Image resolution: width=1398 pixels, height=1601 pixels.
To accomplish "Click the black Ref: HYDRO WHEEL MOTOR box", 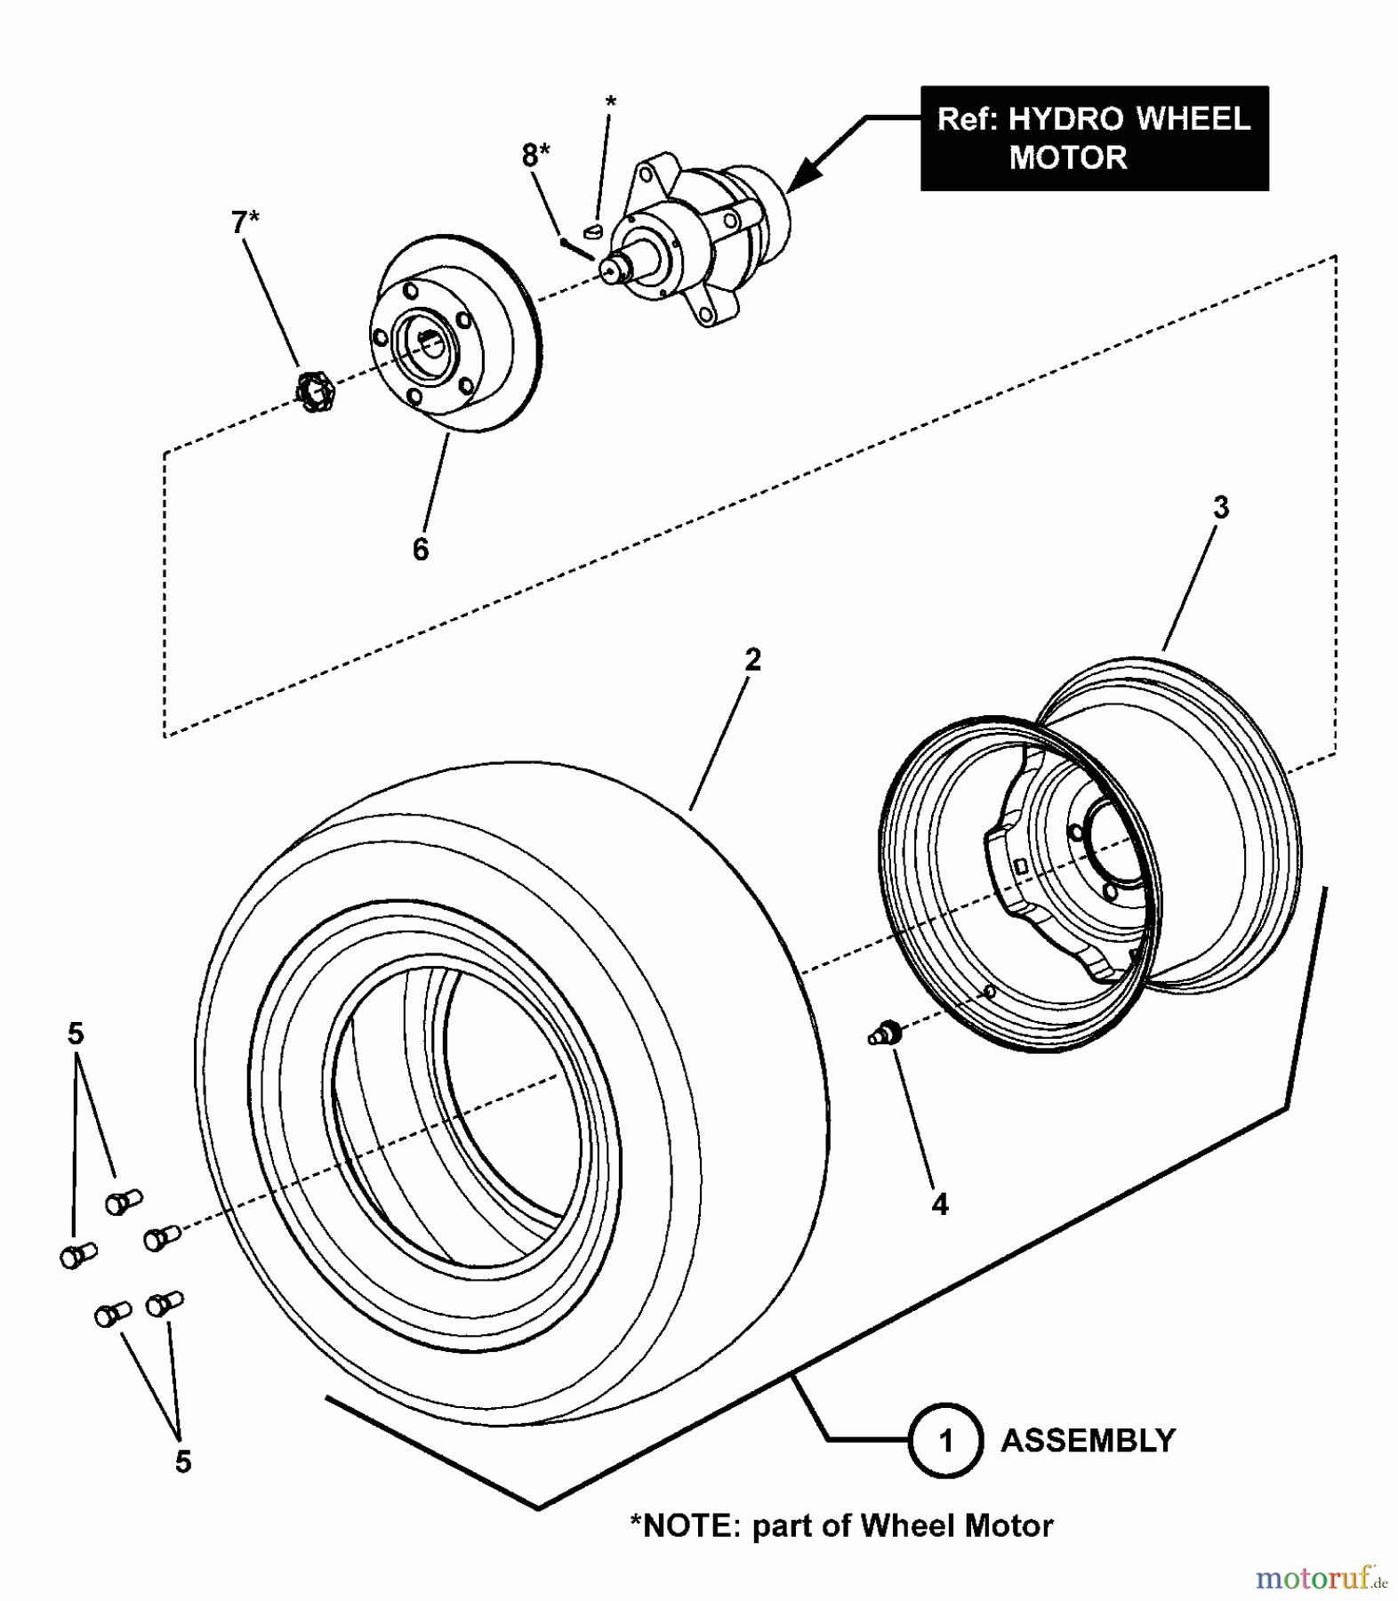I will coord(1094,138).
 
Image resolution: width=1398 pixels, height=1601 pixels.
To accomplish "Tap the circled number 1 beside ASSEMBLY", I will coord(945,1440).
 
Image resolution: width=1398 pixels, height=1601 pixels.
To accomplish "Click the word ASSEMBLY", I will coord(1088,1440).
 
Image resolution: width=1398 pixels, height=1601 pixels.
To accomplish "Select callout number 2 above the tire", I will coord(752,660).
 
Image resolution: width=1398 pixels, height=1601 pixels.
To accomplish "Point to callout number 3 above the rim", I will coord(1221,508).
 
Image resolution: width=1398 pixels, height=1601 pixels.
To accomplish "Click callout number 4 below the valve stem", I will coord(940,1204).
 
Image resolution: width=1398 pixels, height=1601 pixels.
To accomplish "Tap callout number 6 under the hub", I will coord(421,549).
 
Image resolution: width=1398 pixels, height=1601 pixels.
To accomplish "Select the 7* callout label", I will coord(245,222).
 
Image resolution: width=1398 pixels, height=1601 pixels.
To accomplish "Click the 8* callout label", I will coord(534,156).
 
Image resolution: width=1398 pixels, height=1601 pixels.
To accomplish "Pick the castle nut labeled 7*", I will coord(314,390).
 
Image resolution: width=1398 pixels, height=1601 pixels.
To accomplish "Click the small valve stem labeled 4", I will coord(886,1034).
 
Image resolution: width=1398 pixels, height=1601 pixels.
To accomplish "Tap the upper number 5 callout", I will coord(76,1034).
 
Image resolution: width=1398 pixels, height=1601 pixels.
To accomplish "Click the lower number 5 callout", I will coord(182,1461).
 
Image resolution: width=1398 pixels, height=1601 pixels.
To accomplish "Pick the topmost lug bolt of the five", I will coord(124,1202).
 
